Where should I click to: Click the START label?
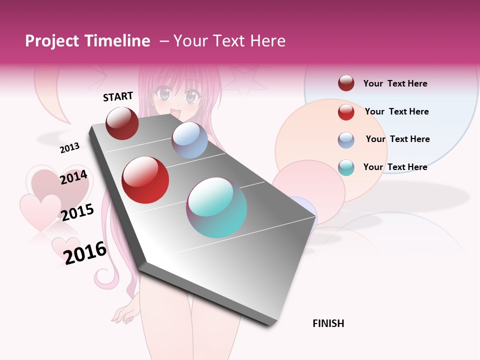click(x=118, y=96)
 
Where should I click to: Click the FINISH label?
click(x=328, y=323)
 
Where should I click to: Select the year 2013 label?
click(x=69, y=147)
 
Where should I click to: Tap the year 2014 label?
click(x=73, y=177)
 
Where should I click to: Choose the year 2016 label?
click(x=85, y=252)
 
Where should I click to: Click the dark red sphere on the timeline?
click(x=122, y=123)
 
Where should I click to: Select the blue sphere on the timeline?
click(x=189, y=140)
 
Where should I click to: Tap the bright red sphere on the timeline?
click(x=145, y=180)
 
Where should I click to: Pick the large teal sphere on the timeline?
click(x=216, y=207)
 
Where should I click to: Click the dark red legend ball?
click(x=346, y=83)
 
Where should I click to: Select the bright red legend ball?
click(x=346, y=111)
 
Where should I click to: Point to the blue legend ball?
click(x=346, y=139)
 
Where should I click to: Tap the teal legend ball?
click(x=346, y=167)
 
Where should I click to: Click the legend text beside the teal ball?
click(x=395, y=167)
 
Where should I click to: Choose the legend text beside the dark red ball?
click(x=395, y=83)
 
